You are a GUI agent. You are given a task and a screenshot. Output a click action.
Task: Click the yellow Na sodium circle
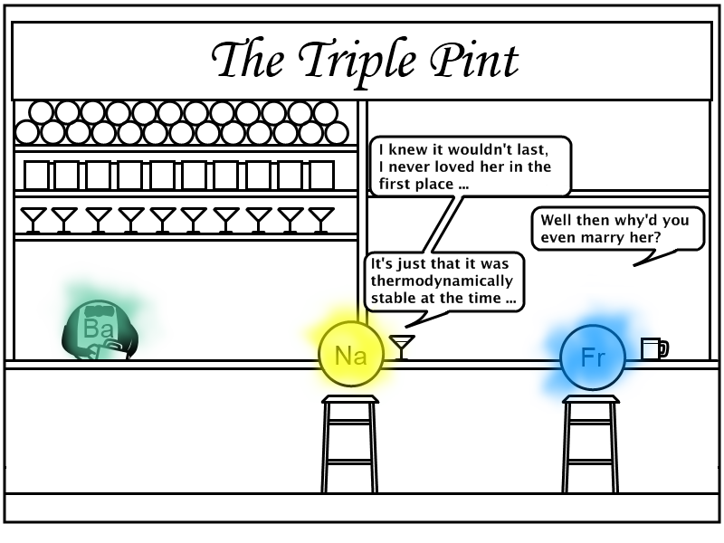(x=351, y=354)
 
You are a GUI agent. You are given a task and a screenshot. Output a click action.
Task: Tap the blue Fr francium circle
(x=593, y=357)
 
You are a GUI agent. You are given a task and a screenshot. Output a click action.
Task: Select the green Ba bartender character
(x=100, y=329)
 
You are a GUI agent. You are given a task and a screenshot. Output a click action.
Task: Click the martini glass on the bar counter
(x=402, y=348)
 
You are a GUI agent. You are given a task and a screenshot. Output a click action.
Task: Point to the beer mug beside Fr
(x=654, y=348)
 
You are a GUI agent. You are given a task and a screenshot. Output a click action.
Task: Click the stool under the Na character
(x=350, y=443)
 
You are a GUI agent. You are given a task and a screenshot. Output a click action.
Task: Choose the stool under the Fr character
(x=591, y=443)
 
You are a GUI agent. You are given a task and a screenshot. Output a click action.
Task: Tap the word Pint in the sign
(x=474, y=60)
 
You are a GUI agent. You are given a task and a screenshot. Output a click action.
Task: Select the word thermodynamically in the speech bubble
(x=442, y=281)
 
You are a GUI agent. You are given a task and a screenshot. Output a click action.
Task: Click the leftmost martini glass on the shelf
(x=33, y=220)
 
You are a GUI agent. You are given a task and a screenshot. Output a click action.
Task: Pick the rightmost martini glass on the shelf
(x=321, y=220)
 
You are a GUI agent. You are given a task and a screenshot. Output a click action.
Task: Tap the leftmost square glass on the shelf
(x=36, y=175)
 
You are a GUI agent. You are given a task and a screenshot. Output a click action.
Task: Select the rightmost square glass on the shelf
(x=322, y=175)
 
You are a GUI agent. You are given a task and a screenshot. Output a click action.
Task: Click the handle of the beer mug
(x=664, y=348)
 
